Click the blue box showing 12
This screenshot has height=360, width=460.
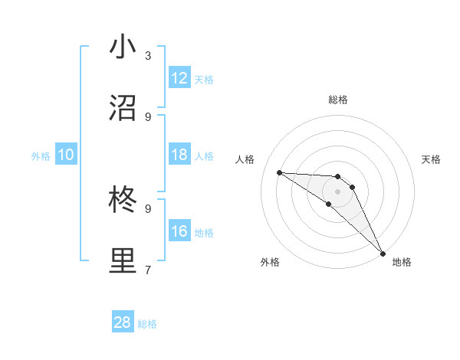pos(179,78)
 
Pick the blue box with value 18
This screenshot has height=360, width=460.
pos(179,155)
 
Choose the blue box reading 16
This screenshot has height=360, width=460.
pos(179,232)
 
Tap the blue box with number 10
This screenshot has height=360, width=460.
pos(66,155)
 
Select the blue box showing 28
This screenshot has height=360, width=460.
pos(123,323)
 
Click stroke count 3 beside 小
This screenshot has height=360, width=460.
pos(148,56)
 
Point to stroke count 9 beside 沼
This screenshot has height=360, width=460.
pos(148,116)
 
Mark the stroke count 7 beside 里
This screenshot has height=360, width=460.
pos(148,270)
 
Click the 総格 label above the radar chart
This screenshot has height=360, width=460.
pos(337,100)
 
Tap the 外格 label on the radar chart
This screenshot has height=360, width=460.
pos(270,262)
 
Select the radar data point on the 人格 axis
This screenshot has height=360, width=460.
pos(279,172)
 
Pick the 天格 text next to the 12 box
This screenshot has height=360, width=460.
pos(204,80)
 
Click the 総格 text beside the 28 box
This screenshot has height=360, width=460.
pos(147,325)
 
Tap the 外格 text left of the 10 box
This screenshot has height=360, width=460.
pos(41,156)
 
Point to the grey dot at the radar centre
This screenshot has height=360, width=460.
pos(337,191)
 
